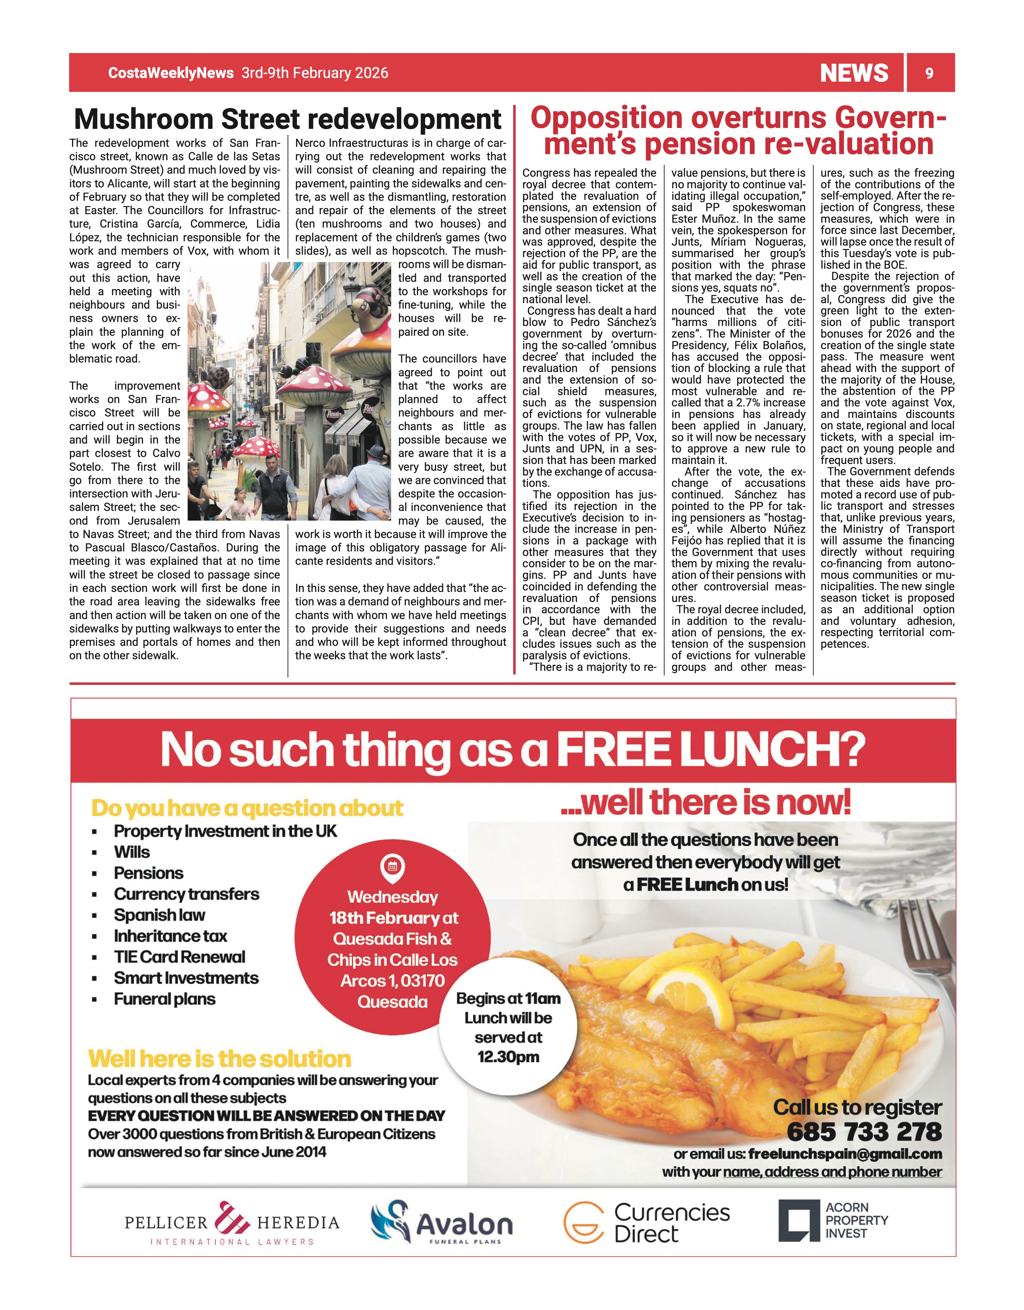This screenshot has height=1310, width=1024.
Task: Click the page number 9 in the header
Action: [x=929, y=73]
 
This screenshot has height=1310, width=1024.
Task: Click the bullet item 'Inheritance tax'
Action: [x=170, y=936]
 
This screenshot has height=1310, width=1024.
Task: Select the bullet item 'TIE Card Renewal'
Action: [x=180, y=957]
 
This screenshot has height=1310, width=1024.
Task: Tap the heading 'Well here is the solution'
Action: [x=220, y=1059]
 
